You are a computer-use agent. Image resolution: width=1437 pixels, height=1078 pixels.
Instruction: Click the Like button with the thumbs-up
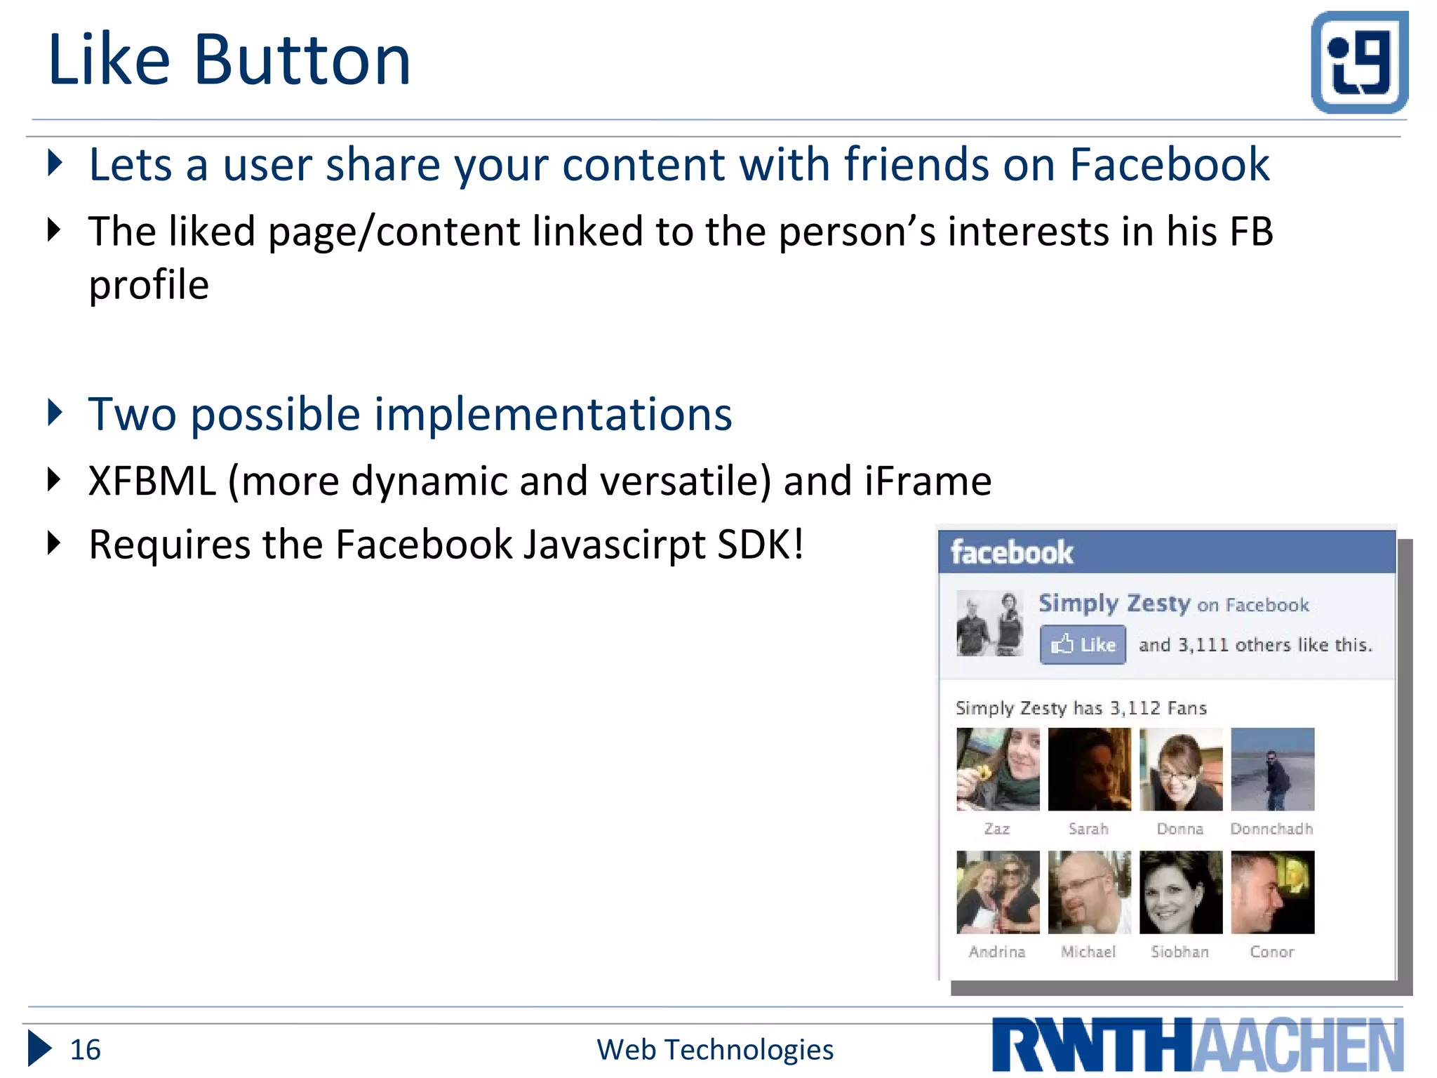coord(1083,644)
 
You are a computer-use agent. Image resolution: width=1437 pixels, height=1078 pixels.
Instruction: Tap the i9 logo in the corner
coord(1359,62)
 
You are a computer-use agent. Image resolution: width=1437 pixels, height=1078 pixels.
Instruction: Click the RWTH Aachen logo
coord(1197,1045)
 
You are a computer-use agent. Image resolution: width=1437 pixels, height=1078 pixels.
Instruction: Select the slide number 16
coord(85,1050)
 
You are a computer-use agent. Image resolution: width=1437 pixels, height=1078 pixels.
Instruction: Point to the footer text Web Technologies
coord(715,1050)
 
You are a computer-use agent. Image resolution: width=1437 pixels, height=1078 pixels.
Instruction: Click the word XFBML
coord(152,481)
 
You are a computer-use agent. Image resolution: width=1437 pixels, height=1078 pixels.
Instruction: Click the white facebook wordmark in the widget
coord(1012,553)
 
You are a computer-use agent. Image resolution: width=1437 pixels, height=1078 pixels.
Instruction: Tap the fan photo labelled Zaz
coord(998,769)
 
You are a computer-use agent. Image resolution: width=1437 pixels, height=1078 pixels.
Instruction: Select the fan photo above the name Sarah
coord(1089,769)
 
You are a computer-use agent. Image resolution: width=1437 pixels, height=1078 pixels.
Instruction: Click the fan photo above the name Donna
coord(1181,769)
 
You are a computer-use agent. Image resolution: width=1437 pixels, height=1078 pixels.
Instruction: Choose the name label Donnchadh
coord(1271,829)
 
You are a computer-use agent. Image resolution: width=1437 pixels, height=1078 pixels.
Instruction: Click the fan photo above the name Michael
coord(1089,892)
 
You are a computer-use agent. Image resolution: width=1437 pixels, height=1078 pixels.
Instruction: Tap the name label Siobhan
coord(1179,952)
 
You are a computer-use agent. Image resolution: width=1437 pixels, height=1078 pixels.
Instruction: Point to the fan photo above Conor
coord(1272,892)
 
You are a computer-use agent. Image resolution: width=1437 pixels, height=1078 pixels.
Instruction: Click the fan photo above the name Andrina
coord(998,892)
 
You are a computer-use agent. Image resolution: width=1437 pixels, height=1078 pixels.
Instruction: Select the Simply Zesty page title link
coord(1114,604)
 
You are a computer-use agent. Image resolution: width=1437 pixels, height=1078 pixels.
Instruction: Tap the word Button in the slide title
coord(302,60)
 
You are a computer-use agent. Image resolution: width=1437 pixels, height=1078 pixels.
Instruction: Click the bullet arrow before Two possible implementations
coord(55,413)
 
